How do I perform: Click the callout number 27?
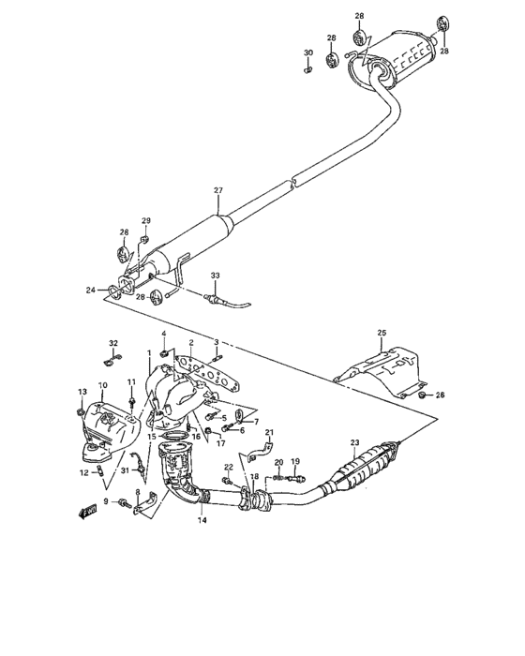[x=217, y=190]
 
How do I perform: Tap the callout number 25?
[x=382, y=333]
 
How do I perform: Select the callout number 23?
[x=354, y=442]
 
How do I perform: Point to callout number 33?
[x=215, y=275]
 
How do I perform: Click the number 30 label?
[x=308, y=52]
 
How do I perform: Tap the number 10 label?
[x=103, y=385]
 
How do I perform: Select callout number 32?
[x=112, y=343]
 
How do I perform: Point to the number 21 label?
[x=268, y=432]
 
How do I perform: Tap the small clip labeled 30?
[x=308, y=67]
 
